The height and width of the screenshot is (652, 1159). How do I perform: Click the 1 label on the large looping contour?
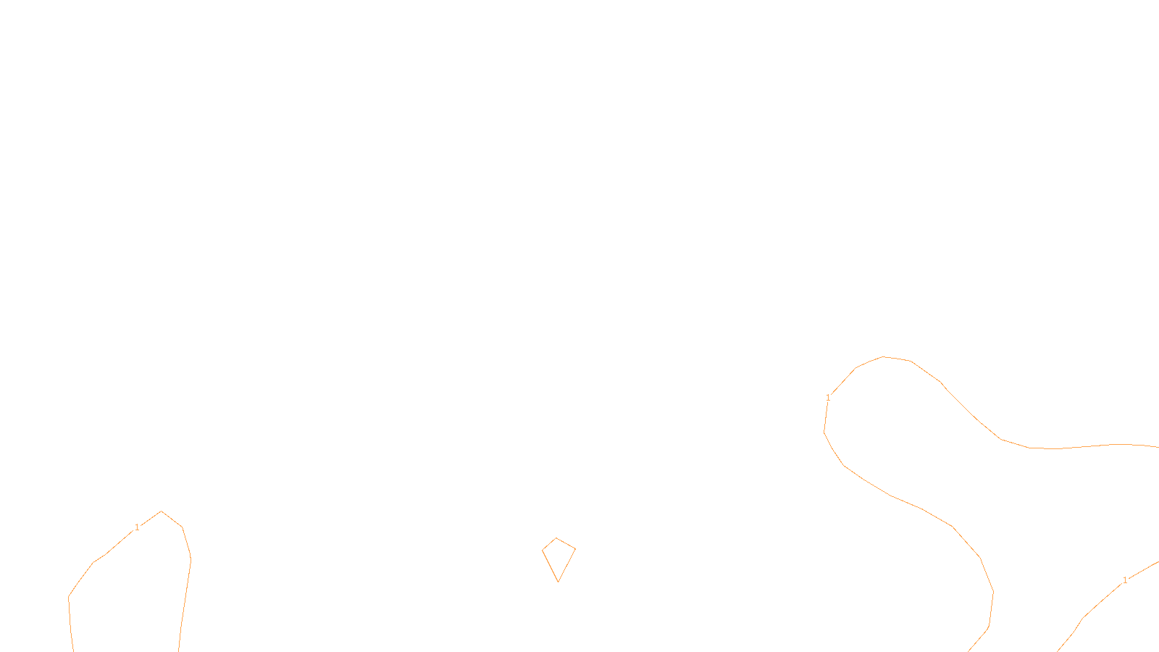point(828,398)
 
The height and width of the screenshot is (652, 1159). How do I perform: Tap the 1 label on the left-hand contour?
point(137,527)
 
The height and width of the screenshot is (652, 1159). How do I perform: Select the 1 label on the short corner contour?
point(1125,580)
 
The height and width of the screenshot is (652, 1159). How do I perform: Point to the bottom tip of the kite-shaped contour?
point(558,582)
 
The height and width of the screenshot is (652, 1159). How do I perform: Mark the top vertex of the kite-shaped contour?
point(556,538)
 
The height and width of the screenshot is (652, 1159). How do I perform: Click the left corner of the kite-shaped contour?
point(543,551)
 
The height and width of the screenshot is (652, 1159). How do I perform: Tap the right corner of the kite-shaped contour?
point(575,548)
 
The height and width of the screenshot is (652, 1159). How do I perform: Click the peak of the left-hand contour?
point(161,511)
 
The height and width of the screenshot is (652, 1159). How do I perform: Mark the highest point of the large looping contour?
point(883,356)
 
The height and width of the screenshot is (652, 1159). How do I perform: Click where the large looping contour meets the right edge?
point(1158,447)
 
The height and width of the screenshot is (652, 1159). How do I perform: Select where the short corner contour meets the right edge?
point(1158,561)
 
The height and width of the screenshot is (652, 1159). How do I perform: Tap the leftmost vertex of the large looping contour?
point(824,432)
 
